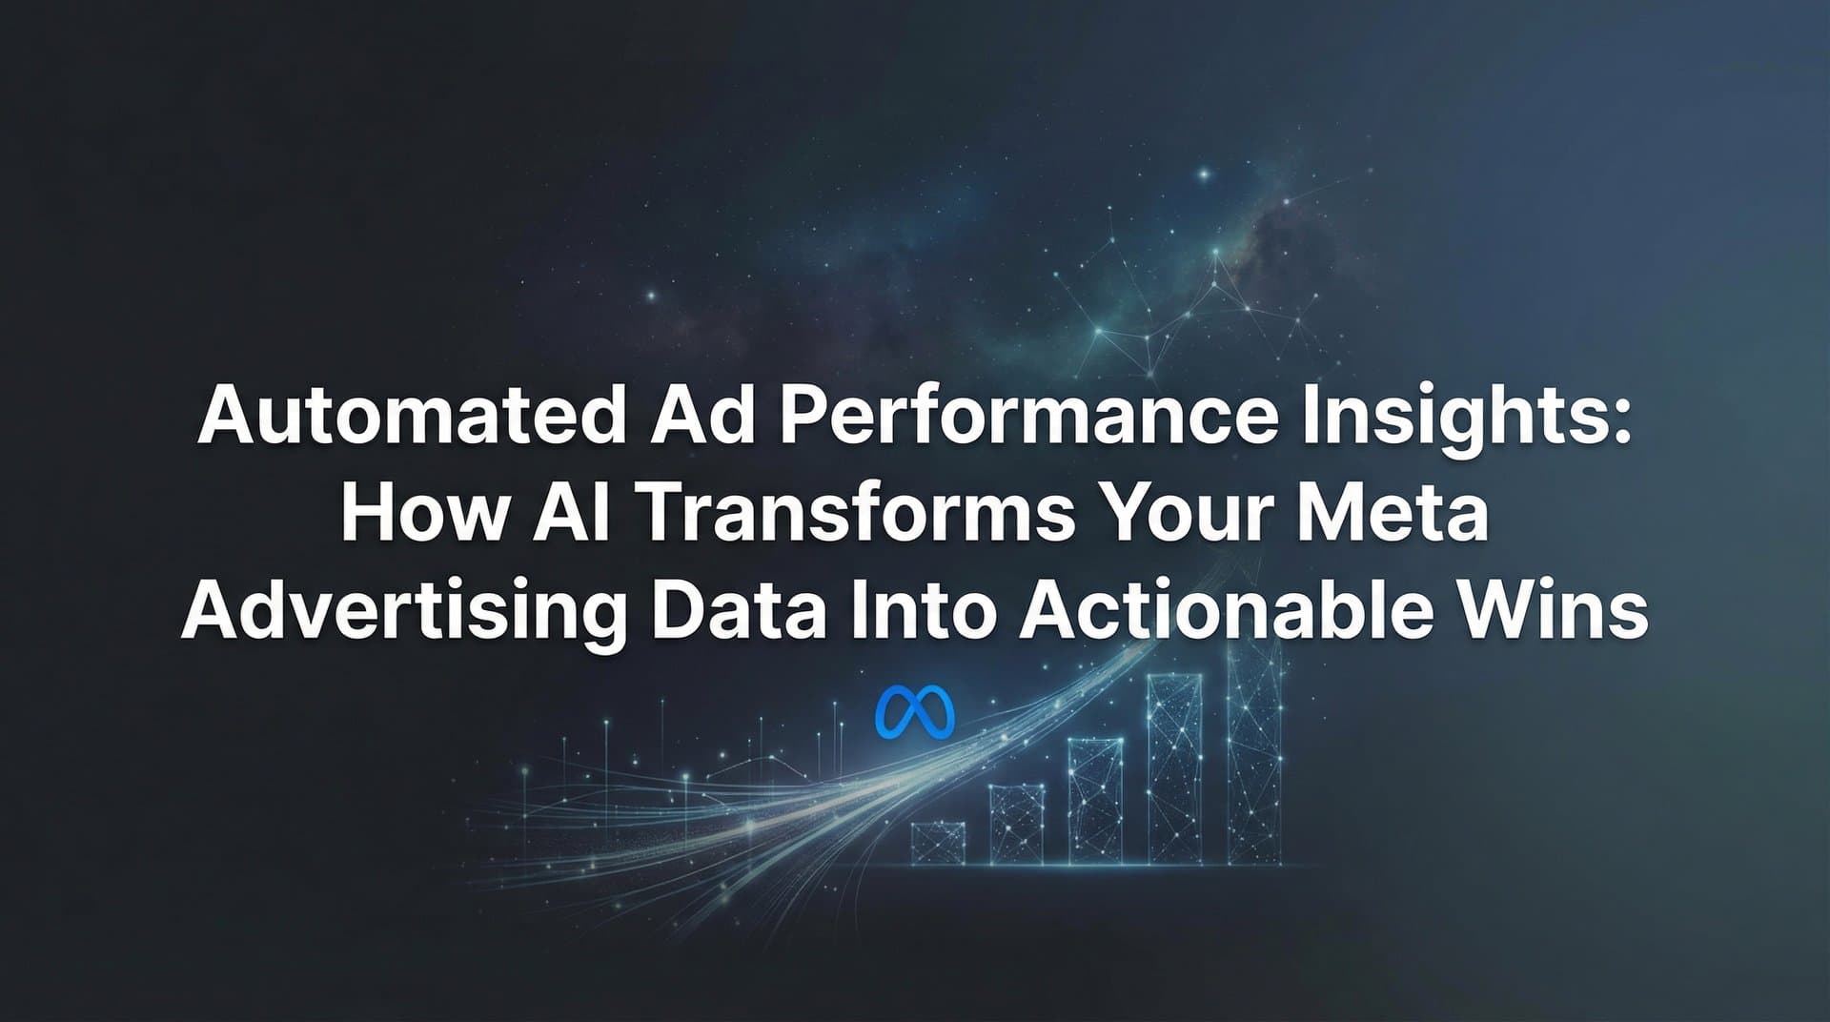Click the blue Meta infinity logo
coord(914,712)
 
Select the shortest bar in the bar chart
coord(938,843)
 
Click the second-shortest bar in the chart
coord(1017,825)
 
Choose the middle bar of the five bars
coord(1096,801)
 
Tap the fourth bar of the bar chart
coord(1174,768)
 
